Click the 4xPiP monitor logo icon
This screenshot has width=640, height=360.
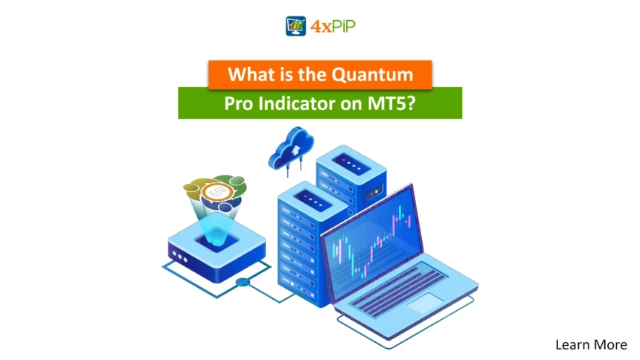pos(295,26)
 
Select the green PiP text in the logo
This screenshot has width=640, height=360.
pos(344,27)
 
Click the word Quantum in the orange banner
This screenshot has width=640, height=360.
pos(372,74)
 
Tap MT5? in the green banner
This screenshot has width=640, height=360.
pos(391,103)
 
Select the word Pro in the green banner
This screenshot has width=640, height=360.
pos(239,104)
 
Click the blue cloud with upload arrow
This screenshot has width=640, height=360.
pos(291,148)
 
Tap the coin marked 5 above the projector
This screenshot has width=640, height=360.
pos(217,192)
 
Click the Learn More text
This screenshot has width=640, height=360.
pos(591,345)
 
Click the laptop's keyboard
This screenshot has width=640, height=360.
pos(397,290)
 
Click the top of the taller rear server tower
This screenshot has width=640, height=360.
pos(351,162)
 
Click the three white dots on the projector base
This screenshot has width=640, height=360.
pos(179,257)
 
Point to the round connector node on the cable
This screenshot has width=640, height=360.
pos(243,282)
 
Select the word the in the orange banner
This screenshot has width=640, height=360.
pos(312,74)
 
